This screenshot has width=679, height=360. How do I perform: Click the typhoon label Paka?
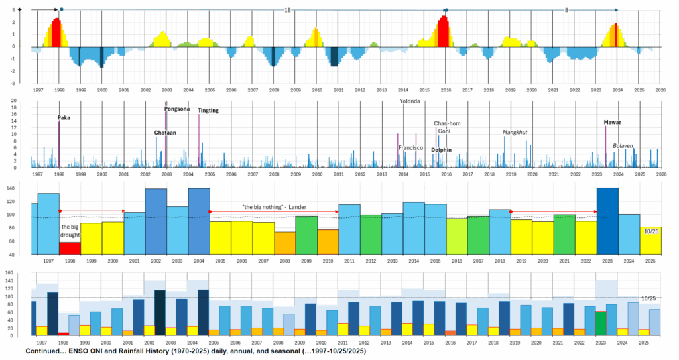[x=64, y=118]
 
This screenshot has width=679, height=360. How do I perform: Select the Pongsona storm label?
[x=177, y=109]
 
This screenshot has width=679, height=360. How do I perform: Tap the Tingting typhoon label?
[x=208, y=111]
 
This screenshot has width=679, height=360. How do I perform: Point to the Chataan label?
[x=165, y=133]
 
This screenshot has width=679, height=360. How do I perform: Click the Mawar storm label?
[x=613, y=123]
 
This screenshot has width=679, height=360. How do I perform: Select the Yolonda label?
[x=411, y=102]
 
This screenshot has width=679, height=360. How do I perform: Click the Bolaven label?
[x=623, y=145]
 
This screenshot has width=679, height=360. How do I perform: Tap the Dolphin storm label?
[x=441, y=150]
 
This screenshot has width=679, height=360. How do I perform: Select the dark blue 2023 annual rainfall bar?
[x=607, y=221]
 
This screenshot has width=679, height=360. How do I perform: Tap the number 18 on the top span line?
[x=287, y=11]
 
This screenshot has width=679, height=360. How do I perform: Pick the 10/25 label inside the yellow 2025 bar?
[x=650, y=231]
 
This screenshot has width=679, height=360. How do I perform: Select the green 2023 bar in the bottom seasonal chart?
[x=601, y=323]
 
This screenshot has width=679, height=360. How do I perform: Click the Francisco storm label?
[x=410, y=148]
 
